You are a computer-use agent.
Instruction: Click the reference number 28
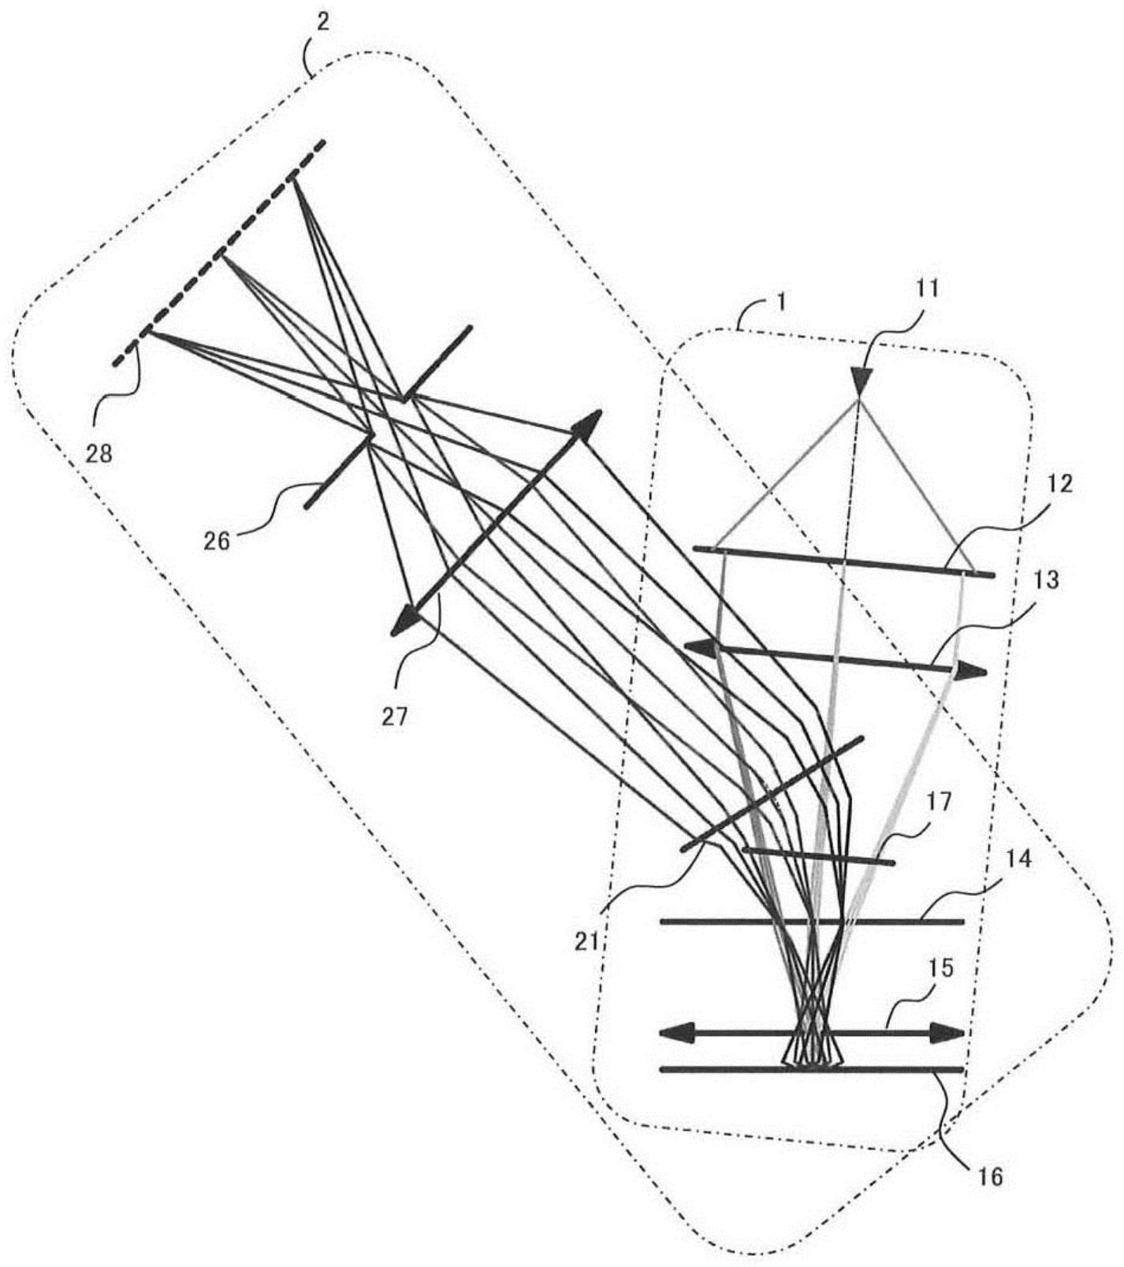(100, 453)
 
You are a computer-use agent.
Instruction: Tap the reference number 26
(217, 540)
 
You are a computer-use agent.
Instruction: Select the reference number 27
(396, 716)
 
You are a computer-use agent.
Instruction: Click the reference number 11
(927, 288)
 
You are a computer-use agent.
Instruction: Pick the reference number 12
(1061, 483)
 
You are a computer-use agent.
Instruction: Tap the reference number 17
(940, 802)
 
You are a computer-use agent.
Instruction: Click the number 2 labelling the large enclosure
(324, 21)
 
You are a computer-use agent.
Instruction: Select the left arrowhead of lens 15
(676, 1032)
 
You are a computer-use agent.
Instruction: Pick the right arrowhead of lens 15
(947, 1033)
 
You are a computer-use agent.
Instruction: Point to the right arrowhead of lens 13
(971, 671)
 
